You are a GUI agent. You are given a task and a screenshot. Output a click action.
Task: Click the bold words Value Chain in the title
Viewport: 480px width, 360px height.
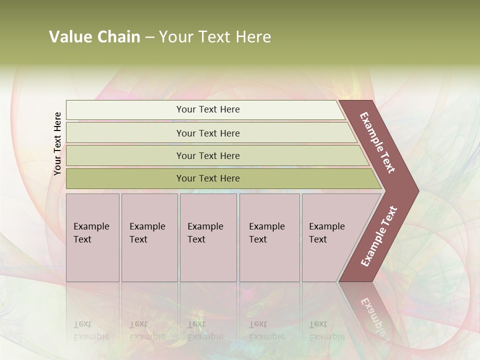tap(94, 37)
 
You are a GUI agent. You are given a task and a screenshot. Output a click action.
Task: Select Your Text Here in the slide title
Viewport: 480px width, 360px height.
tap(215, 37)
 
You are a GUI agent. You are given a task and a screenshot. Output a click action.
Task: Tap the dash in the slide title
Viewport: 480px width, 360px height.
tap(149, 37)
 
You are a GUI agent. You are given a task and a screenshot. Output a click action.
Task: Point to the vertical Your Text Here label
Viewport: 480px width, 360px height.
tap(57, 143)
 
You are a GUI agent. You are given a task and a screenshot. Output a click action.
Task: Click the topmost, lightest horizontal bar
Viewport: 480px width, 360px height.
tap(205, 110)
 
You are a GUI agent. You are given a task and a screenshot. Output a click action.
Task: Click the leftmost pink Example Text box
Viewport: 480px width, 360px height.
tap(92, 237)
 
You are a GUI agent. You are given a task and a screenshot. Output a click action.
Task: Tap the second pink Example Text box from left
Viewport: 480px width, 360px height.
tap(149, 237)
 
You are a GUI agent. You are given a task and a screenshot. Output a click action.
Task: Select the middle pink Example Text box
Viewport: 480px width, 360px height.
tap(208, 237)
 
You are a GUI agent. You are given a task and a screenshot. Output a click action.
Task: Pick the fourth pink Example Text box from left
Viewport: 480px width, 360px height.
tap(269, 237)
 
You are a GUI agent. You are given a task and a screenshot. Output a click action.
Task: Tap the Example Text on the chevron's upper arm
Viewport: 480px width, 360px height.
tap(378, 142)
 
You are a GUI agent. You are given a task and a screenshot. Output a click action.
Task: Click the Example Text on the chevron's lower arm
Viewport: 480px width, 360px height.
tap(379, 236)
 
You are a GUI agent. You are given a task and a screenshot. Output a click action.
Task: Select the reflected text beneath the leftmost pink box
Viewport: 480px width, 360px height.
tap(91, 330)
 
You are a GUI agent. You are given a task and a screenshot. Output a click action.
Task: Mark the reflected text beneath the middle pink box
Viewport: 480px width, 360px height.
tap(205, 330)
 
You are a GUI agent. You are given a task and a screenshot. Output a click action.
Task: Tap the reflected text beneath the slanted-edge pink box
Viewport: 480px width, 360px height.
tap(326, 330)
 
